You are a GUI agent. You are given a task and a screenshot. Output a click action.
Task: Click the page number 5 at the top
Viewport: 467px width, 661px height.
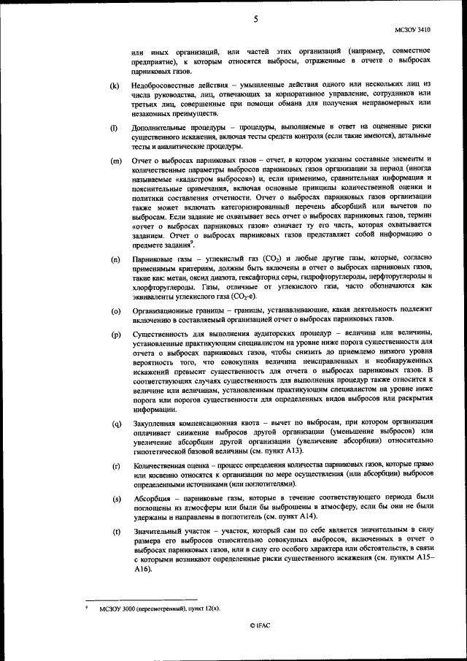click(x=256, y=20)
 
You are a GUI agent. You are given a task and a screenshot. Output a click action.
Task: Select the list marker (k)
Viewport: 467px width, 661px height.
click(x=115, y=86)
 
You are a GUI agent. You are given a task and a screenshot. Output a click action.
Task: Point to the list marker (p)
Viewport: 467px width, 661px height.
click(x=115, y=335)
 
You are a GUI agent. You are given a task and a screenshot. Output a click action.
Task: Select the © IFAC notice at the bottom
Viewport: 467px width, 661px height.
click(x=258, y=626)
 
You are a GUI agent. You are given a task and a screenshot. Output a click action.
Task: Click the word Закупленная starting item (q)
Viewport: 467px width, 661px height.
click(x=153, y=425)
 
